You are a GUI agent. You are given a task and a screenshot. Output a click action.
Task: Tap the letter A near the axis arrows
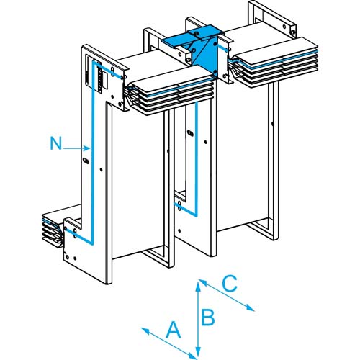tap(173, 330)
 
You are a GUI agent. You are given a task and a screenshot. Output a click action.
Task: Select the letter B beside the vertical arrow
tap(208, 315)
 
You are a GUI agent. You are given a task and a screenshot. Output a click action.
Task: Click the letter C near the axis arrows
tap(228, 283)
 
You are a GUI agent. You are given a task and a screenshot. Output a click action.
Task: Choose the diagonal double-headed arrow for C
tap(226, 296)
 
